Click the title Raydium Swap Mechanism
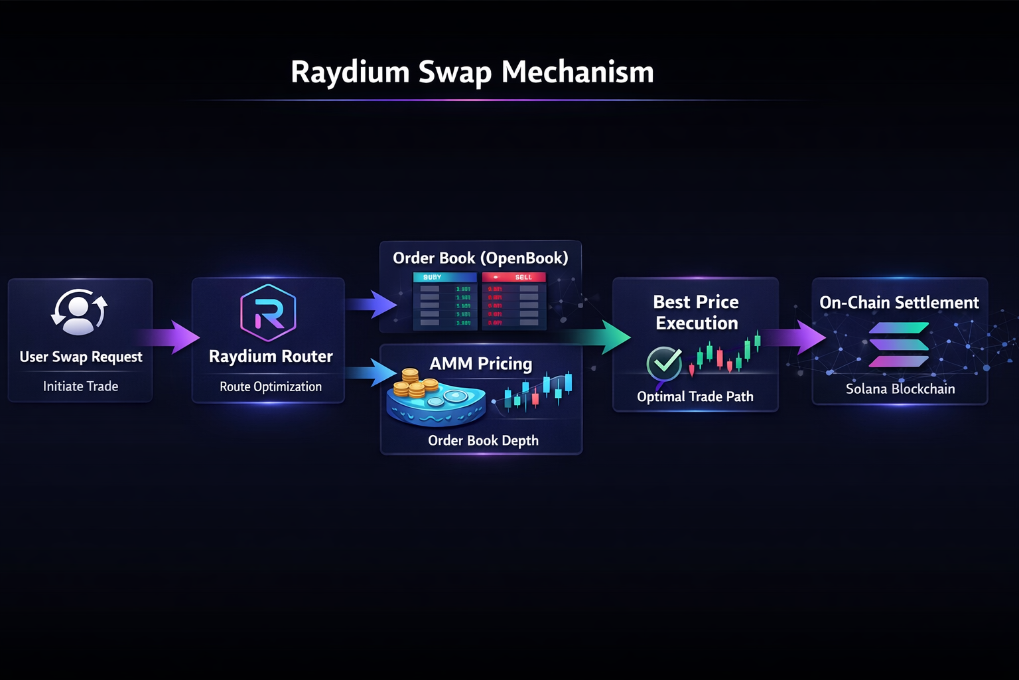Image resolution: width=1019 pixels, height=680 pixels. (x=472, y=72)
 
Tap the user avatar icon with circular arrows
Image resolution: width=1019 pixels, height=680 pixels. (x=80, y=311)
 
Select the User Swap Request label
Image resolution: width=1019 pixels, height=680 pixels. (x=81, y=357)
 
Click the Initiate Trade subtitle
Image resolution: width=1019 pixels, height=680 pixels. (x=80, y=386)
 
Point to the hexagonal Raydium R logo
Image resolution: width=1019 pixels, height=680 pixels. (x=268, y=313)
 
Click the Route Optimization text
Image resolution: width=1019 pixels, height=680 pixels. (x=271, y=386)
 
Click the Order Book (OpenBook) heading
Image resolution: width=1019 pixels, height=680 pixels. (x=480, y=258)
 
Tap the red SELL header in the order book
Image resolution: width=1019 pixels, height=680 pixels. (x=514, y=277)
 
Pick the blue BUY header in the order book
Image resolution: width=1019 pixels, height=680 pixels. (x=444, y=277)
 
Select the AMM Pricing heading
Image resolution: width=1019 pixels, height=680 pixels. (x=480, y=363)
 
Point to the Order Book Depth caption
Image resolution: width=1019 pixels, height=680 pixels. (x=483, y=440)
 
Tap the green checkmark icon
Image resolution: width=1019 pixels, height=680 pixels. (x=664, y=363)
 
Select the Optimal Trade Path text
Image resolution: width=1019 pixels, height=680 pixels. (x=695, y=396)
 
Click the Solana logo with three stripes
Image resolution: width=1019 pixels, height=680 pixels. (x=898, y=345)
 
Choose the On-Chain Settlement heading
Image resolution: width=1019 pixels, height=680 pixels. (x=899, y=302)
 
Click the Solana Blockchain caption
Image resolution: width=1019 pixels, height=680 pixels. (x=900, y=389)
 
